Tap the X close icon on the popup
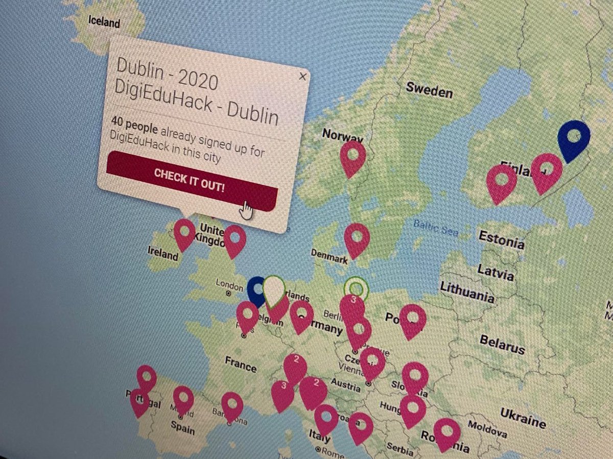click(302, 77)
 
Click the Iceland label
click(104, 22)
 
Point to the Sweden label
click(429, 90)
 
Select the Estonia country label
click(501, 239)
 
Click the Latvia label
click(495, 272)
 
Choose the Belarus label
click(502, 345)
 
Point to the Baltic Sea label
click(436, 228)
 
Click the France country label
click(240, 365)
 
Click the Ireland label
click(162, 253)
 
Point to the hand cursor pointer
click(246, 208)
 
